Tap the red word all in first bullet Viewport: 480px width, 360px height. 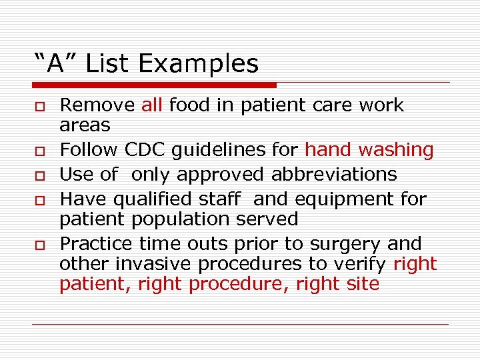click(x=152, y=105)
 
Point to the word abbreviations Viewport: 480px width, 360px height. click(x=334, y=175)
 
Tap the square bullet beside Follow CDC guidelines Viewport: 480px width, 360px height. click(x=41, y=151)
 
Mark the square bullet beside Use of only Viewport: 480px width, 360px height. click(x=41, y=176)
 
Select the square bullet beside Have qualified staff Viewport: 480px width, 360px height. click(x=41, y=200)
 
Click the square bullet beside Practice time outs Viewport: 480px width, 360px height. click(x=41, y=245)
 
